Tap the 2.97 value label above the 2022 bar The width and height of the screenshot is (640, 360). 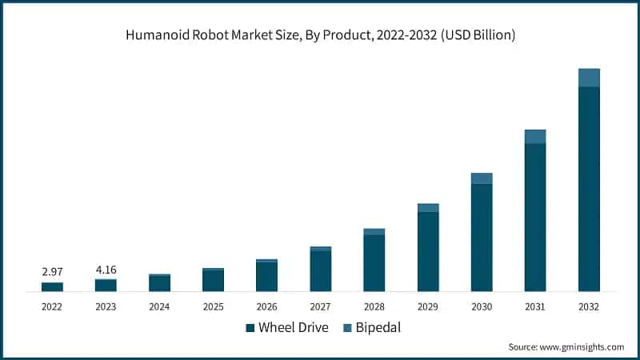pyautogui.click(x=52, y=273)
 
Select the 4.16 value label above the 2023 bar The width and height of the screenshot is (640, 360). pyautogui.click(x=106, y=270)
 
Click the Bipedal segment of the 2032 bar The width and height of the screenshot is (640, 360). pyautogui.click(x=589, y=78)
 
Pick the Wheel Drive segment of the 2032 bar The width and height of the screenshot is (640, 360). pyautogui.click(x=589, y=189)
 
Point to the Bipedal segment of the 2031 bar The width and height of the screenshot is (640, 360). pyautogui.click(x=535, y=137)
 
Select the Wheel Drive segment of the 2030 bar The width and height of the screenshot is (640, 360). pyautogui.click(x=482, y=238)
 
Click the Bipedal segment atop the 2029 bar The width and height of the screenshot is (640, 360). pyautogui.click(x=428, y=208)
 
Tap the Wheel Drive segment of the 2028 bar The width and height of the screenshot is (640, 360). pyautogui.click(x=374, y=263)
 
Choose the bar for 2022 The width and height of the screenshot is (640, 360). pyautogui.click(x=52, y=286)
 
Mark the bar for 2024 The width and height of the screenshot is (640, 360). pyautogui.click(x=159, y=282)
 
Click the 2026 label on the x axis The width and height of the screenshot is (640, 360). pyautogui.click(x=266, y=306)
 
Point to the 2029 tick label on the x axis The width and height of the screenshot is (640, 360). pyautogui.click(x=428, y=306)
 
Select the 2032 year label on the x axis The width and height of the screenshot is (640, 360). pyautogui.click(x=589, y=306)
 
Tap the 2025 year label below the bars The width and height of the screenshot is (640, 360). pyautogui.click(x=213, y=306)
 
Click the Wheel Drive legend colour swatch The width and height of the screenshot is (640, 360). pyautogui.click(x=250, y=327)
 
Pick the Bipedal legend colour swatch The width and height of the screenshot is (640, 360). pyautogui.click(x=347, y=327)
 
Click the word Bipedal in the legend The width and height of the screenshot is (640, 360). pyautogui.click(x=378, y=327)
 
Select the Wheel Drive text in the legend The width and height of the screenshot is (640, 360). pyautogui.click(x=293, y=327)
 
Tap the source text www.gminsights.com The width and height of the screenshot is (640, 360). pyautogui.click(x=566, y=346)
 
